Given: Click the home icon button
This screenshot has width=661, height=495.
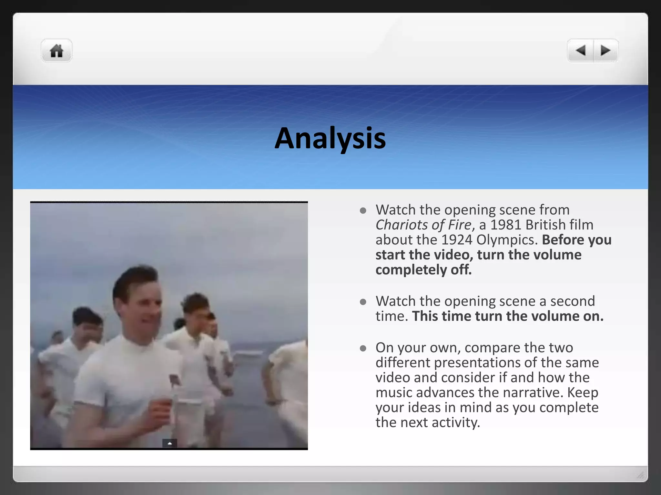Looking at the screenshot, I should tap(56, 51).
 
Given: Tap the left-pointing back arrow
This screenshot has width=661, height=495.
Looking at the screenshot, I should tap(581, 51).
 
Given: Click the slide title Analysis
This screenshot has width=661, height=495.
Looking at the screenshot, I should tap(330, 138).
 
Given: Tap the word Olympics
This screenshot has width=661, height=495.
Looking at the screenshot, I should tap(507, 240).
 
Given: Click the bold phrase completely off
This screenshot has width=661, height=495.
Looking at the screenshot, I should tap(423, 270).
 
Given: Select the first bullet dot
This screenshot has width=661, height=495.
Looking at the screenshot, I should tap(363, 211).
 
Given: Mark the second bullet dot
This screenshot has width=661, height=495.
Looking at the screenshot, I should tap(363, 302).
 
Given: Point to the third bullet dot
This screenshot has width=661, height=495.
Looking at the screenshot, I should tap(363, 348).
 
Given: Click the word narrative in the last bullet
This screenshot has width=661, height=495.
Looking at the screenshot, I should tap(533, 393).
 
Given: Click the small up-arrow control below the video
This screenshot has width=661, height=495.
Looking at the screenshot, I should tap(169, 443).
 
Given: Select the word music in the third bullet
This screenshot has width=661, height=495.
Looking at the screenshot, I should tap(394, 393).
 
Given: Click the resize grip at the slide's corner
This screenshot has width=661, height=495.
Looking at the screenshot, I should tap(641, 475).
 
